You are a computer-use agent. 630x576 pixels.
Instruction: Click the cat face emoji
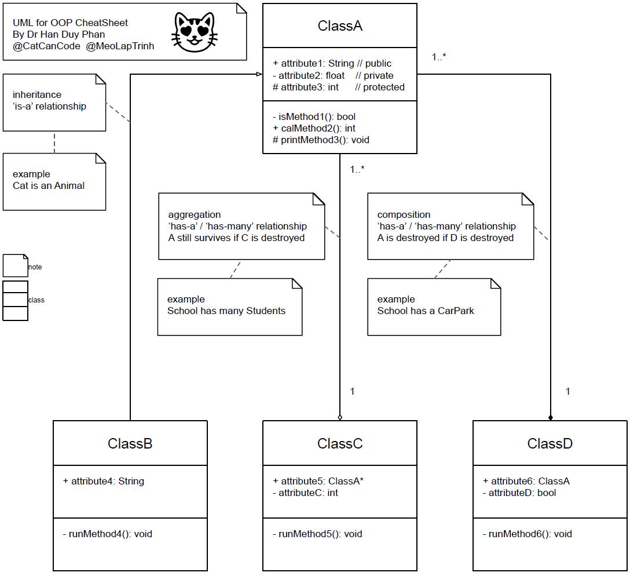[195, 32]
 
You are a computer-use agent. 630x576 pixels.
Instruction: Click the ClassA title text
[340, 25]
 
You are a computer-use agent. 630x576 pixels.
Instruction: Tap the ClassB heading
[130, 443]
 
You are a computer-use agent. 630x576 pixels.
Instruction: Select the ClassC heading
[340, 443]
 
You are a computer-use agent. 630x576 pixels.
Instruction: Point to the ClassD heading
[550, 443]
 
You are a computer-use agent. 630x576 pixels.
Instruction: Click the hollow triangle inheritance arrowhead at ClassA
[259, 74]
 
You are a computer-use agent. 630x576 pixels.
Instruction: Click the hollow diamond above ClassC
[340, 418]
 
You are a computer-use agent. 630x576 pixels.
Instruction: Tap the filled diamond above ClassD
[551, 418]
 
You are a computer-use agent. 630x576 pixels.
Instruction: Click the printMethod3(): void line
[321, 140]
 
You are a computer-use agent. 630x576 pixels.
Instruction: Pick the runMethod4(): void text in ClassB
[107, 534]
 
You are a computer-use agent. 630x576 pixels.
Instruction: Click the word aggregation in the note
[195, 214]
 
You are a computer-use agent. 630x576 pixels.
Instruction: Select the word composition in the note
[404, 214]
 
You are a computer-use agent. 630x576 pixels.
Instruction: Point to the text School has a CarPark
[426, 311]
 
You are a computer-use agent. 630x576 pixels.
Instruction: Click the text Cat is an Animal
[49, 185]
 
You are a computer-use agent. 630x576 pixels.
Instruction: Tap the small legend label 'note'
[35, 267]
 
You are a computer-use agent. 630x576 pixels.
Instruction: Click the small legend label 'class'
[36, 300]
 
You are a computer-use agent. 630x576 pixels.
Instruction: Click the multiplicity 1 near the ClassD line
[567, 391]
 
